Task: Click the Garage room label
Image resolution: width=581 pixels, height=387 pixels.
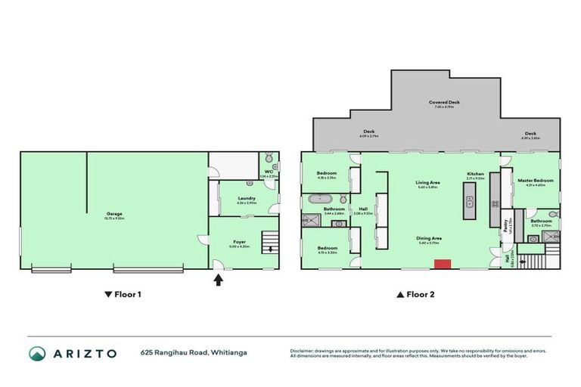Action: tap(114, 215)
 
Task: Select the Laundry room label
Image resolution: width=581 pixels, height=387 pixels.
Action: tap(247, 200)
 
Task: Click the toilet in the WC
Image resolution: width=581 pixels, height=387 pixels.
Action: tap(274, 166)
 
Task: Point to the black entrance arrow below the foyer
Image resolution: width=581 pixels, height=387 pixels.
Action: tap(219, 280)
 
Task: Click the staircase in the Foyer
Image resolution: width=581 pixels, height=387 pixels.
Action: tap(266, 243)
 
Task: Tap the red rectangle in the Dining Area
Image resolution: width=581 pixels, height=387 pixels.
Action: tap(442, 264)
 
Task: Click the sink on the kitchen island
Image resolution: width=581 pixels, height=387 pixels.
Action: tap(470, 203)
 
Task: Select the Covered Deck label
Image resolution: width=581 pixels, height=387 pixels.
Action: tap(444, 103)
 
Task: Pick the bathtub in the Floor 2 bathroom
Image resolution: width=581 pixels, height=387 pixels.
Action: tap(318, 200)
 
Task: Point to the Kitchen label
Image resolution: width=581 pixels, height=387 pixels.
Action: tap(475, 175)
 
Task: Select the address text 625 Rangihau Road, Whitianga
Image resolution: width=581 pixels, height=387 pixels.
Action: tap(193, 353)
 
